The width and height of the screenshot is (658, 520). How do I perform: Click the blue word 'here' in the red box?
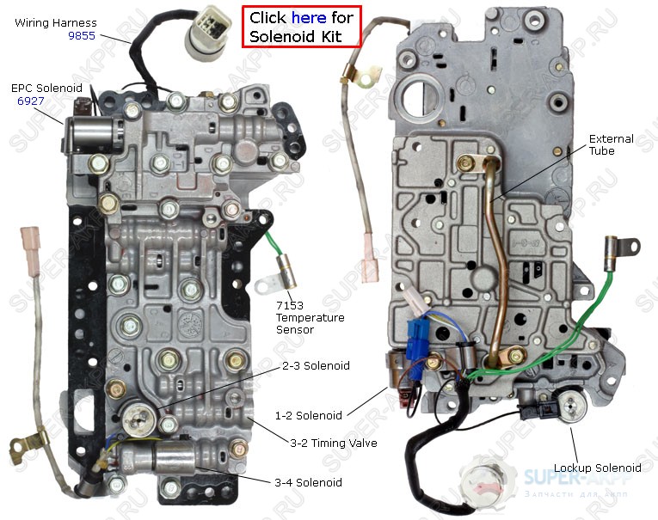click(x=309, y=17)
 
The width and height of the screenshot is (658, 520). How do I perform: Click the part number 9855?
click(x=82, y=36)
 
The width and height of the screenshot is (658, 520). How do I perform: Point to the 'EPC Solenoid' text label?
click(x=46, y=88)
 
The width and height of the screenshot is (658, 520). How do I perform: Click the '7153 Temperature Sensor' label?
click(x=310, y=318)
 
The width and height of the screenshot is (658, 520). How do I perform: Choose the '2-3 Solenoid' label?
click(x=316, y=365)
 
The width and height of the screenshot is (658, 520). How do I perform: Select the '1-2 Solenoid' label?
click(x=308, y=415)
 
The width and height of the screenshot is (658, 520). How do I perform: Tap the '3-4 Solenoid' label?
click(x=308, y=482)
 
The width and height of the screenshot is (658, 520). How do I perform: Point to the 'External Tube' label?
click(x=612, y=145)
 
